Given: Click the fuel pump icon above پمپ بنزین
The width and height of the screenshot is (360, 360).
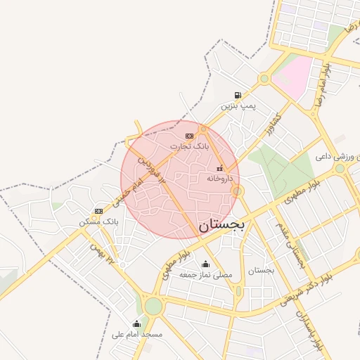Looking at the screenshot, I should coord(238,96).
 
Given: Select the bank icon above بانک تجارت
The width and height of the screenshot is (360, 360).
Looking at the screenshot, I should coord(189,136).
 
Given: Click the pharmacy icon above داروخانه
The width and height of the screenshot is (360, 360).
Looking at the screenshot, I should coord(220,168).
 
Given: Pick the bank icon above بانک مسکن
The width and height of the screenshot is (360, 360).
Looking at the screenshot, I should coord(98,211).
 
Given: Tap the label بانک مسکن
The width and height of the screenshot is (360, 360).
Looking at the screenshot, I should coord(99,221).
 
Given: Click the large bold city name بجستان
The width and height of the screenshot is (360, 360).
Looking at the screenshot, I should coord(221,226).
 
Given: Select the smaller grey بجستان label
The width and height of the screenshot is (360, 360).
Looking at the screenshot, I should coord(261,270).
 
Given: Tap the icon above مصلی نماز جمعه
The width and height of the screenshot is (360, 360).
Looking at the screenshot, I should coord(205,264).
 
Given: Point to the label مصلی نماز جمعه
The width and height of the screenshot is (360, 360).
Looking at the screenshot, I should coord(205,274).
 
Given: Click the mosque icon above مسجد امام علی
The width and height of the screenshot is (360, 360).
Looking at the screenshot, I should coord(136,324).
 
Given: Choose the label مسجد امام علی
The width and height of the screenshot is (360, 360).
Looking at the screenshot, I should coord(137,335).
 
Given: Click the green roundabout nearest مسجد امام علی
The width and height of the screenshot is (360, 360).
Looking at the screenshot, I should coord(153,307).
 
